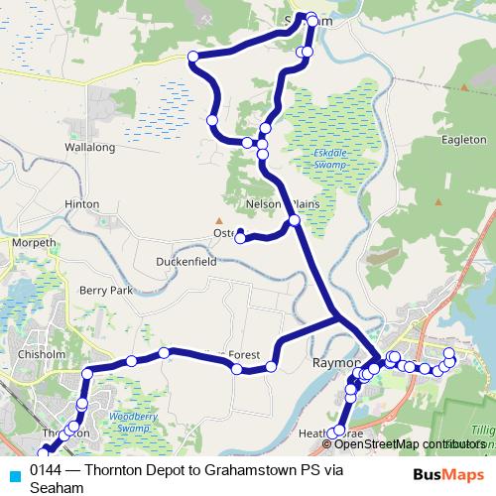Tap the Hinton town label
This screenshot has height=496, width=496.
click(82, 204)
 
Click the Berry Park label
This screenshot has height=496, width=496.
click(106, 291)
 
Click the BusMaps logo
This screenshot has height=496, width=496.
click(450, 473)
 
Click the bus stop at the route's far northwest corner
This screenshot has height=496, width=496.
click(192, 57)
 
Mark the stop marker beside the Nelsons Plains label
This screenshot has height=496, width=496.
click(294, 220)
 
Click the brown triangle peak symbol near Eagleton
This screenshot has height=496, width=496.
click(463, 87)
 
